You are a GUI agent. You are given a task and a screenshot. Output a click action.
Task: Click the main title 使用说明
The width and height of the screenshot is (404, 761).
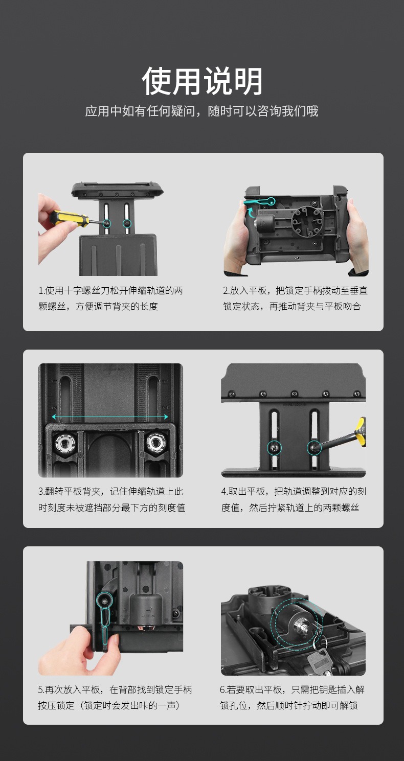tap(202, 81)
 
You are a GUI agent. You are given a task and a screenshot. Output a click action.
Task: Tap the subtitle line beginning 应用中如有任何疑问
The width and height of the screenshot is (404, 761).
tap(201, 111)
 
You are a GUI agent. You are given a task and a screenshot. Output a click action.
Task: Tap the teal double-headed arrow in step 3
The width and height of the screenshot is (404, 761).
tap(110, 417)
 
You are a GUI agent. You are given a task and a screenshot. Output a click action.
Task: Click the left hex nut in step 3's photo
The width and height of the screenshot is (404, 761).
tap(65, 443)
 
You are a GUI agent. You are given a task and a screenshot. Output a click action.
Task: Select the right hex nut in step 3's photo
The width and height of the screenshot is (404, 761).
tap(156, 443)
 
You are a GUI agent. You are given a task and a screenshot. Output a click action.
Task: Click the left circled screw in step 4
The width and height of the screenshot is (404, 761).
tap(275, 448)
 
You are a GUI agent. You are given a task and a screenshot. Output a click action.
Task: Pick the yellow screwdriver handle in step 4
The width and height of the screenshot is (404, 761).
tap(360, 430)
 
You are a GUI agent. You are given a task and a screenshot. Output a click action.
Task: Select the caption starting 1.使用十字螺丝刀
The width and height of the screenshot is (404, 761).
tap(110, 298)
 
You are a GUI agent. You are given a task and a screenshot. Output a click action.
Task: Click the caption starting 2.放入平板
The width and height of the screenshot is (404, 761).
tap(295, 298)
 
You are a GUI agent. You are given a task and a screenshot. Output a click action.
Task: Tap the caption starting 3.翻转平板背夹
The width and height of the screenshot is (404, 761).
tap(111, 499)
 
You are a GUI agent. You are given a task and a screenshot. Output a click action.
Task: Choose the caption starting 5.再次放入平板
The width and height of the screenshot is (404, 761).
tap(115, 698)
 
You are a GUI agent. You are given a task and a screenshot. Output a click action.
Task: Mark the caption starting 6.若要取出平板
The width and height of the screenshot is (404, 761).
tap(293, 698)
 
